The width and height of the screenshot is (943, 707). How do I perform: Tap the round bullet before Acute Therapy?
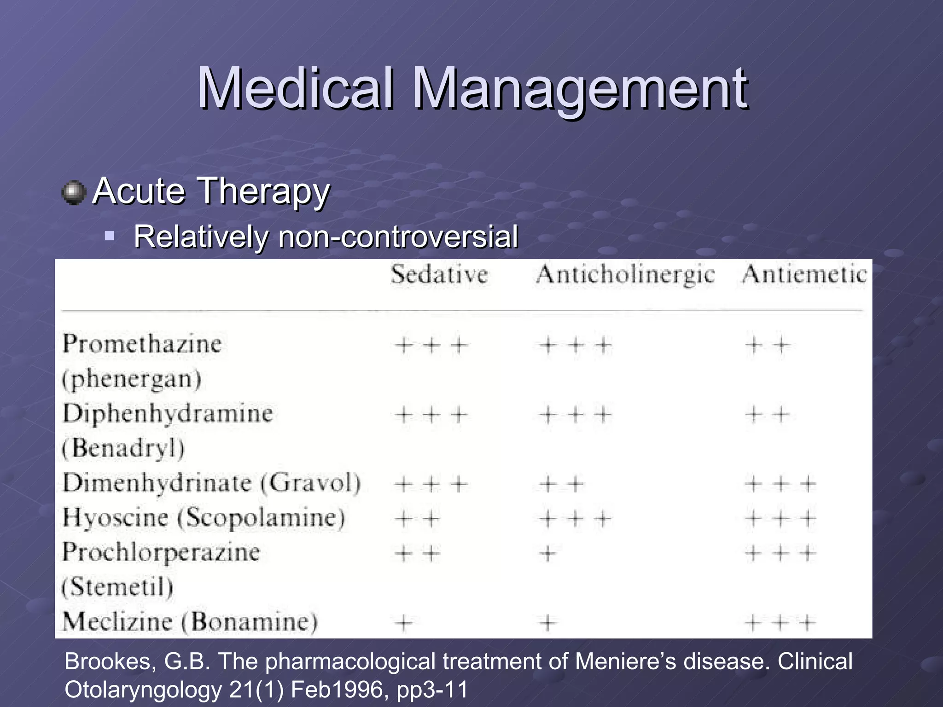[74, 192]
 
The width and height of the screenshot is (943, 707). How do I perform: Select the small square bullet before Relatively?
[109, 237]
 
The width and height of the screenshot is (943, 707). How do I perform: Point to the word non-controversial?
[398, 237]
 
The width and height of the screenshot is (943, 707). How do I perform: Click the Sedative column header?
[439, 275]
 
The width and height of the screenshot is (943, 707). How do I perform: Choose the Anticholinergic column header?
[625, 275]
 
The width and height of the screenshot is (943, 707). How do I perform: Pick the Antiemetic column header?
[804, 275]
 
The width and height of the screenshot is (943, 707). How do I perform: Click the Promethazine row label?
[142, 344]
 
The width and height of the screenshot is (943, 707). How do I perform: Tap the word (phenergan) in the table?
[132, 379]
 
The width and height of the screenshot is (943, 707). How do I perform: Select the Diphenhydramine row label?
[168, 413]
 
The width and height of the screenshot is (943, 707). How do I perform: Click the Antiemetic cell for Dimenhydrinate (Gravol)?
[780, 484]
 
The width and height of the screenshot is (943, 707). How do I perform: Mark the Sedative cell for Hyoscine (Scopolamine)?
[417, 519]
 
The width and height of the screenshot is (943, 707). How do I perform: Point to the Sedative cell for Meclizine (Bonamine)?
[404, 623]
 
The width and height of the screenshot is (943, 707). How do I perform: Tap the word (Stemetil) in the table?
[117, 587]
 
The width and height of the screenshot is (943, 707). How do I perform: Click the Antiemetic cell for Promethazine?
[767, 345]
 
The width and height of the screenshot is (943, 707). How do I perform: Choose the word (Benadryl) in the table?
[123, 448]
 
